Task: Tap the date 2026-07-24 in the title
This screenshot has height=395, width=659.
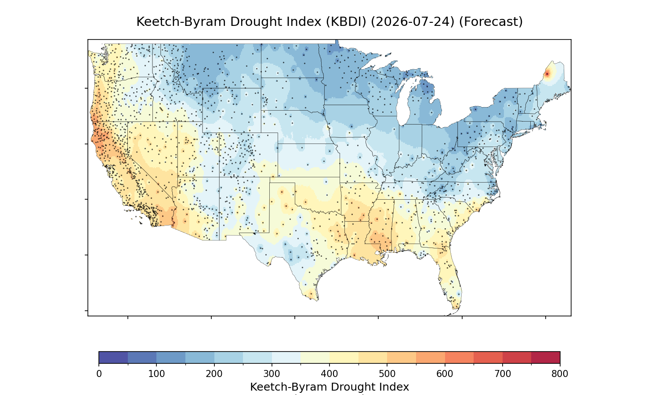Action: pyautogui.click(x=413, y=22)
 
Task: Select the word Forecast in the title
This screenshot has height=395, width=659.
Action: pyautogui.click(x=491, y=22)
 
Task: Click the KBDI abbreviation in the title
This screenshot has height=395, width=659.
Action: pyautogui.click(x=346, y=22)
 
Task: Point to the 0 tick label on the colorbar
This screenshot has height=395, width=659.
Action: pyautogui.click(x=99, y=374)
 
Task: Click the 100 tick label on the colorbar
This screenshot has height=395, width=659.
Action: pyautogui.click(x=156, y=374)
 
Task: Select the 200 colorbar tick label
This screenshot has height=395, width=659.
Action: pyautogui.click(x=214, y=374)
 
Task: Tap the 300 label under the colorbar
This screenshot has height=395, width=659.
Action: pyautogui.click(x=272, y=374)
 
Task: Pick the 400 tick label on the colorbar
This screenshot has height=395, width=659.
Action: pyautogui.click(x=329, y=374)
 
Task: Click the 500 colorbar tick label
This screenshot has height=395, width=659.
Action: pyautogui.click(x=387, y=374)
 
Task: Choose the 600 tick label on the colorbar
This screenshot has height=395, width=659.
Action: pyautogui.click(x=445, y=374)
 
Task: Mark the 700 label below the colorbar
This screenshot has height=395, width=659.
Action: pyautogui.click(x=503, y=374)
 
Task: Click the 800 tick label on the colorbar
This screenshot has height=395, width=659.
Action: pyautogui.click(x=560, y=374)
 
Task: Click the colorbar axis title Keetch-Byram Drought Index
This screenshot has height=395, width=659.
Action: pyautogui.click(x=329, y=387)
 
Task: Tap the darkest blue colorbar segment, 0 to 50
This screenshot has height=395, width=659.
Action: pyautogui.click(x=113, y=357)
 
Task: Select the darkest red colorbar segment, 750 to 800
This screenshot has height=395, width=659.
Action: pyautogui.click(x=546, y=357)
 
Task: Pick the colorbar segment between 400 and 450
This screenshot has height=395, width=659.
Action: pyautogui.click(x=344, y=357)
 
